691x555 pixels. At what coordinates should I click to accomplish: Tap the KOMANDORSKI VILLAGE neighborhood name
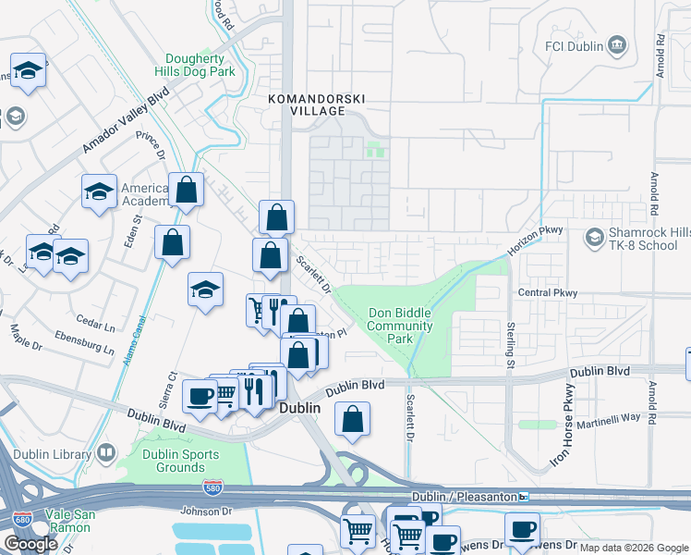[305, 104]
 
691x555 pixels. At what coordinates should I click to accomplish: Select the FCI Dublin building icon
[618, 45]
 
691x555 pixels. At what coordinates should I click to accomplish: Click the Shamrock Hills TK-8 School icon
[595, 239]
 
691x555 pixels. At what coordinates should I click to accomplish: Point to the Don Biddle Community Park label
[400, 326]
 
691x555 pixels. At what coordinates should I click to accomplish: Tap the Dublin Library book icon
[106, 453]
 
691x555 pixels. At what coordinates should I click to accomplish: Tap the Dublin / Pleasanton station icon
[523, 497]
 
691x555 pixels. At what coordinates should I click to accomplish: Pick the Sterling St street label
[510, 342]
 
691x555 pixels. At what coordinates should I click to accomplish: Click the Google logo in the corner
[30, 544]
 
